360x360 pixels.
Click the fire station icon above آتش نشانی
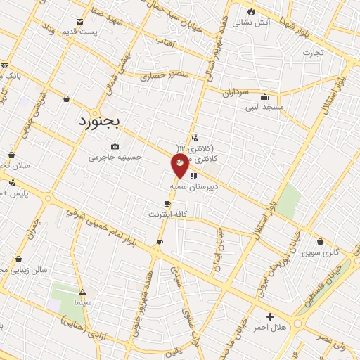[x=252, y=11]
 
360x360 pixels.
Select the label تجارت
[x=312, y=53]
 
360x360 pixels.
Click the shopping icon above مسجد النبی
[x=265, y=97]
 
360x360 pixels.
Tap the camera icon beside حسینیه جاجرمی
[x=115, y=146]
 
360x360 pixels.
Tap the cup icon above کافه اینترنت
[x=167, y=203]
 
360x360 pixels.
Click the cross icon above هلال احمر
[x=270, y=317]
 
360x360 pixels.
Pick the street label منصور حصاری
[x=165, y=74]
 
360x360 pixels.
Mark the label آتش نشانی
[x=252, y=22]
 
